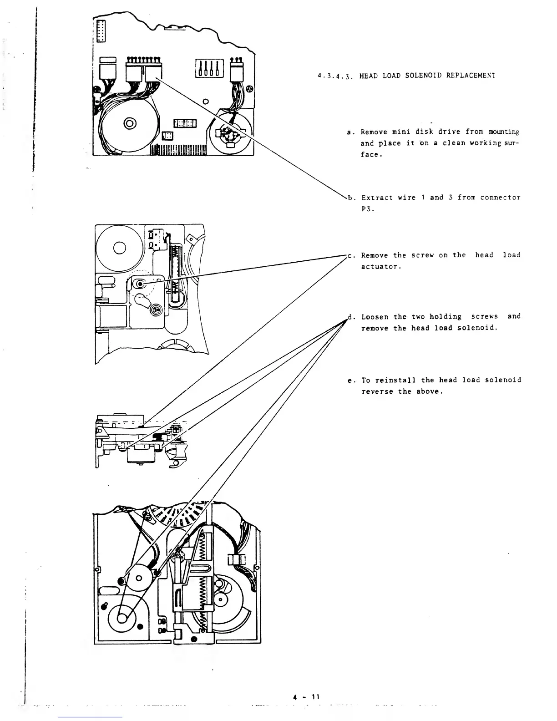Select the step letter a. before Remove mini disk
pos(350,132)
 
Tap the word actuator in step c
pos(380,267)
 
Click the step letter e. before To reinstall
pos(350,380)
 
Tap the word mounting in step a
pos(504,132)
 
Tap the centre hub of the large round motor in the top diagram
pos(130,123)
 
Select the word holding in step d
pos(445,317)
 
